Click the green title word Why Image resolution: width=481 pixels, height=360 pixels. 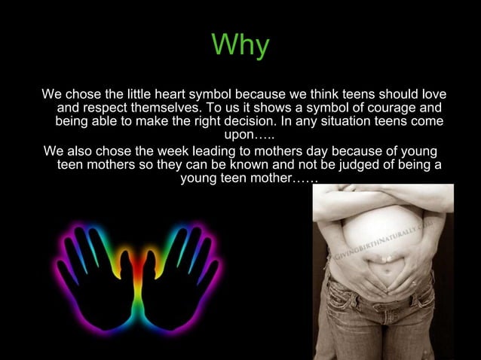[x=240, y=45]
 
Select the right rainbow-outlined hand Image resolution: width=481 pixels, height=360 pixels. [x=184, y=279]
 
